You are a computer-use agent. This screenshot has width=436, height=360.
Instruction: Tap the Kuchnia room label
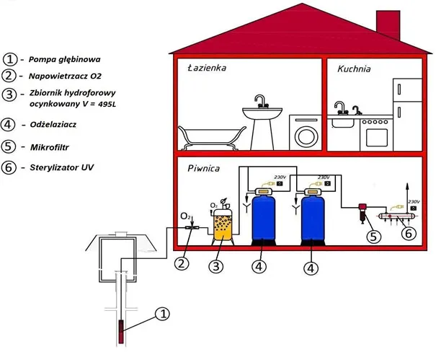(354, 69)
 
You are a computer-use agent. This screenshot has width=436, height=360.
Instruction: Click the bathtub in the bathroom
(205, 136)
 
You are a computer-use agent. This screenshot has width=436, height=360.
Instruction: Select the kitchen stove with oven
(375, 131)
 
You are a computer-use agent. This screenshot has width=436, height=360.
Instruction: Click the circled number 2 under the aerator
(182, 263)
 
